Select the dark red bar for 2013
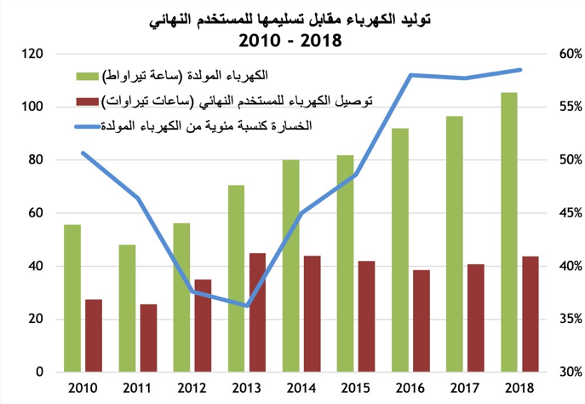pyautogui.click(x=257, y=313)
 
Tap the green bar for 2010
pyautogui.click(x=73, y=298)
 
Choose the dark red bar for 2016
pyautogui.click(x=422, y=321)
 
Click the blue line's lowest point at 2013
pyautogui.click(x=247, y=305)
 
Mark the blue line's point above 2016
pyautogui.click(x=411, y=75)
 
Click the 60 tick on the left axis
pyautogui.click(x=35, y=214)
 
